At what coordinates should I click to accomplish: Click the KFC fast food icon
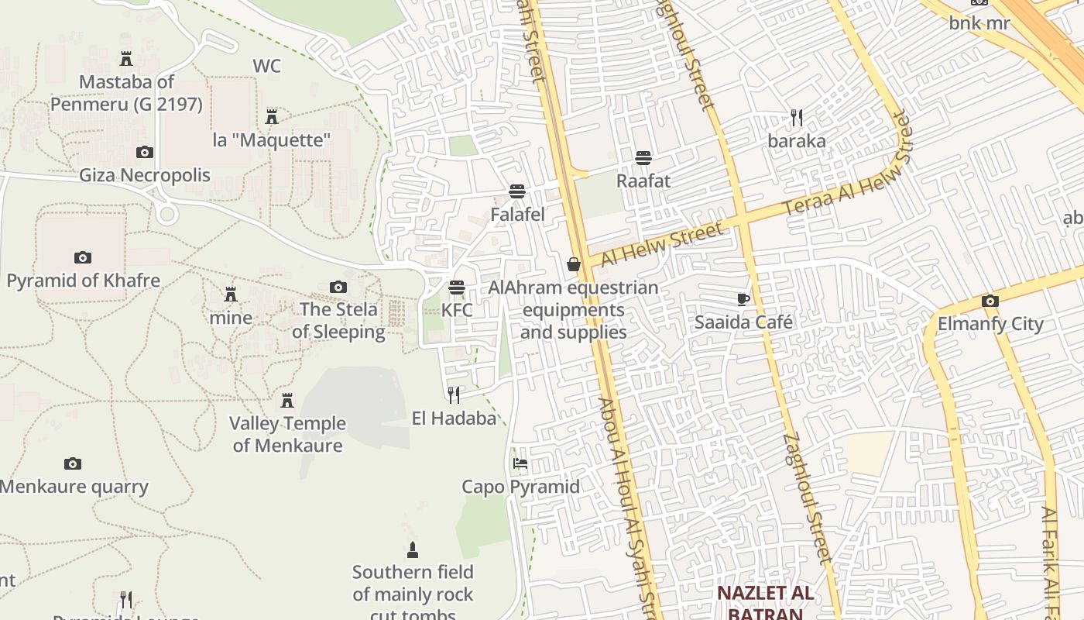pos(457,288)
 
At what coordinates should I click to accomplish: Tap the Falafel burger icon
pos(517,191)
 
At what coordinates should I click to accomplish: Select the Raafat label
pos(643,181)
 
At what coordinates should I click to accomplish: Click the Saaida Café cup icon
pos(743,299)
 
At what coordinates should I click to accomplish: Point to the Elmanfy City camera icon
pos(990,301)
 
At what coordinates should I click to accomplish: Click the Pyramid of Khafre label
pos(83,281)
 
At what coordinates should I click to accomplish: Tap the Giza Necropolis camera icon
pos(144,153)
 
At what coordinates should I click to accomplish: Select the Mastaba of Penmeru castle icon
pos(125,58)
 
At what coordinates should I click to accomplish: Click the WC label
pos(266,66)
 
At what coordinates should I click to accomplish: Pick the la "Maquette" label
pos(271,140)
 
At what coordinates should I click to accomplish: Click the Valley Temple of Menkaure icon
pos(287,400)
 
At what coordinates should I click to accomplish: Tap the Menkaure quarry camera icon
pos(72,463)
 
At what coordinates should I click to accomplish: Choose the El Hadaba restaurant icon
pos(454,395)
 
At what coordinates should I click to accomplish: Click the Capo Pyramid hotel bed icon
pos(520,463)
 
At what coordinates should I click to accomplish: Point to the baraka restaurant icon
pos(797,118)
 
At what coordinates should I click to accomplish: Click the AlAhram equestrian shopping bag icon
pos(573,264)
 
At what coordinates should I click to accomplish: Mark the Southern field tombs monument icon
pos(412,550)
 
